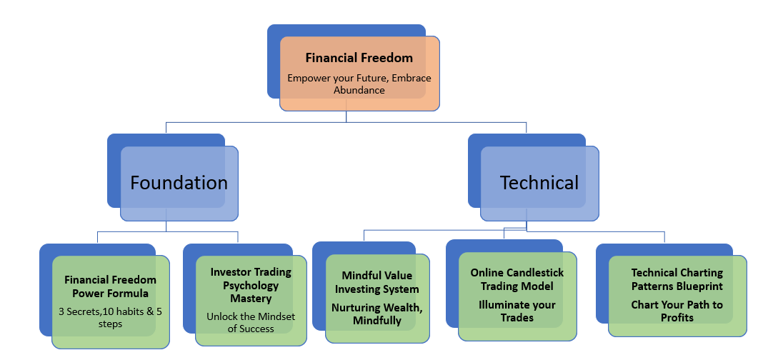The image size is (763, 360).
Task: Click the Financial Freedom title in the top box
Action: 359,58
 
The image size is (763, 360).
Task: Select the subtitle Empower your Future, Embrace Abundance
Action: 359,84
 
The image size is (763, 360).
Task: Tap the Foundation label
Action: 179,183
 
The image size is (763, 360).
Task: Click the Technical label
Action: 539,183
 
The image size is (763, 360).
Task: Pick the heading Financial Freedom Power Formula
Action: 110,286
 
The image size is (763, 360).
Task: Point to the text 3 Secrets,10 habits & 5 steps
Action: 110,318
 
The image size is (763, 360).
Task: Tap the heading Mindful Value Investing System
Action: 376,282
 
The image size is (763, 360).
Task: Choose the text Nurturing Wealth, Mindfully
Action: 376,314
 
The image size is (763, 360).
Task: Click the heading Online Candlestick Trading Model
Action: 517,279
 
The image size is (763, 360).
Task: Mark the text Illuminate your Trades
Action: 517,311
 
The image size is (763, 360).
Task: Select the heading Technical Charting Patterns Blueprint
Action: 677,279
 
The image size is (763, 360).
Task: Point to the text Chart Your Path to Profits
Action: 677,311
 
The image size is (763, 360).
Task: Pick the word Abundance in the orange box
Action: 359,90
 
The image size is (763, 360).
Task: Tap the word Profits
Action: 677,317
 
